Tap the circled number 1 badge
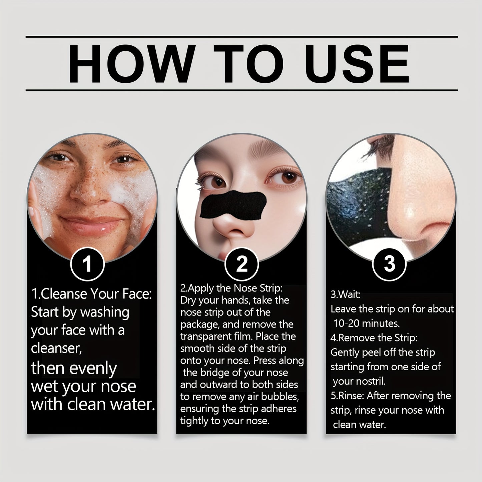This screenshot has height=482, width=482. (x=87, y=264)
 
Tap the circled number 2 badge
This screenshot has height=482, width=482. (x=242, y=264)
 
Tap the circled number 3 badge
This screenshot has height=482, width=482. (x=389, y=264)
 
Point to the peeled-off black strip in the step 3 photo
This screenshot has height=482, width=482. (x=360, y=207)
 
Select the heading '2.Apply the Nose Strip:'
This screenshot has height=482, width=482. (x=231, y=289)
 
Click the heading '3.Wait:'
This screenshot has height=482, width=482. (x=346, y=295)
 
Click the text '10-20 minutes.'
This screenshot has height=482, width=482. (x=367, y=324)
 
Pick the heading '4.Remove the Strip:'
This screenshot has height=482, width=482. (x=374, y=338)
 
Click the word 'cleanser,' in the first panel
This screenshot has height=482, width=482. (x=56, y=348)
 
